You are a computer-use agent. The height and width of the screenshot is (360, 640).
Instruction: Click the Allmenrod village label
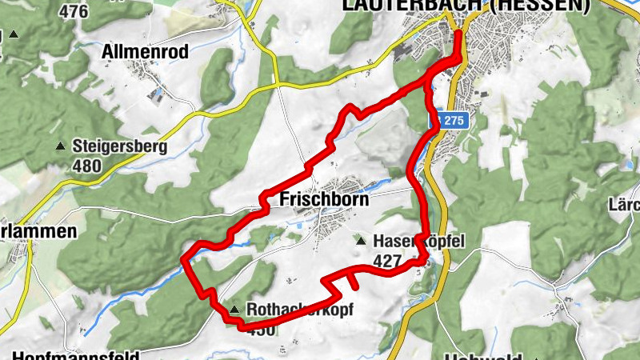(145, 52)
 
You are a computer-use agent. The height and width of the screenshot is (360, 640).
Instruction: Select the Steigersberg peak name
(119, 147)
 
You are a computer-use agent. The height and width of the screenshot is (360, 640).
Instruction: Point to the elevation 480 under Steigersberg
(86, 166)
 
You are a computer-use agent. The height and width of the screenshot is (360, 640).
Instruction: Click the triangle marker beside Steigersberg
(60, 147)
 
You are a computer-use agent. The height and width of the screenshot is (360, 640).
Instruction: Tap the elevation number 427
(388, 259)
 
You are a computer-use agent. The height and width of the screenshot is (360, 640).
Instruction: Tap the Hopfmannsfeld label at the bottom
(76, 354)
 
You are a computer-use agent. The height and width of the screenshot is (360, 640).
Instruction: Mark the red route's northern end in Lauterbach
(459, 34)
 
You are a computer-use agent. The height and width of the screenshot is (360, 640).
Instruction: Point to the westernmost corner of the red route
(185, 258)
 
